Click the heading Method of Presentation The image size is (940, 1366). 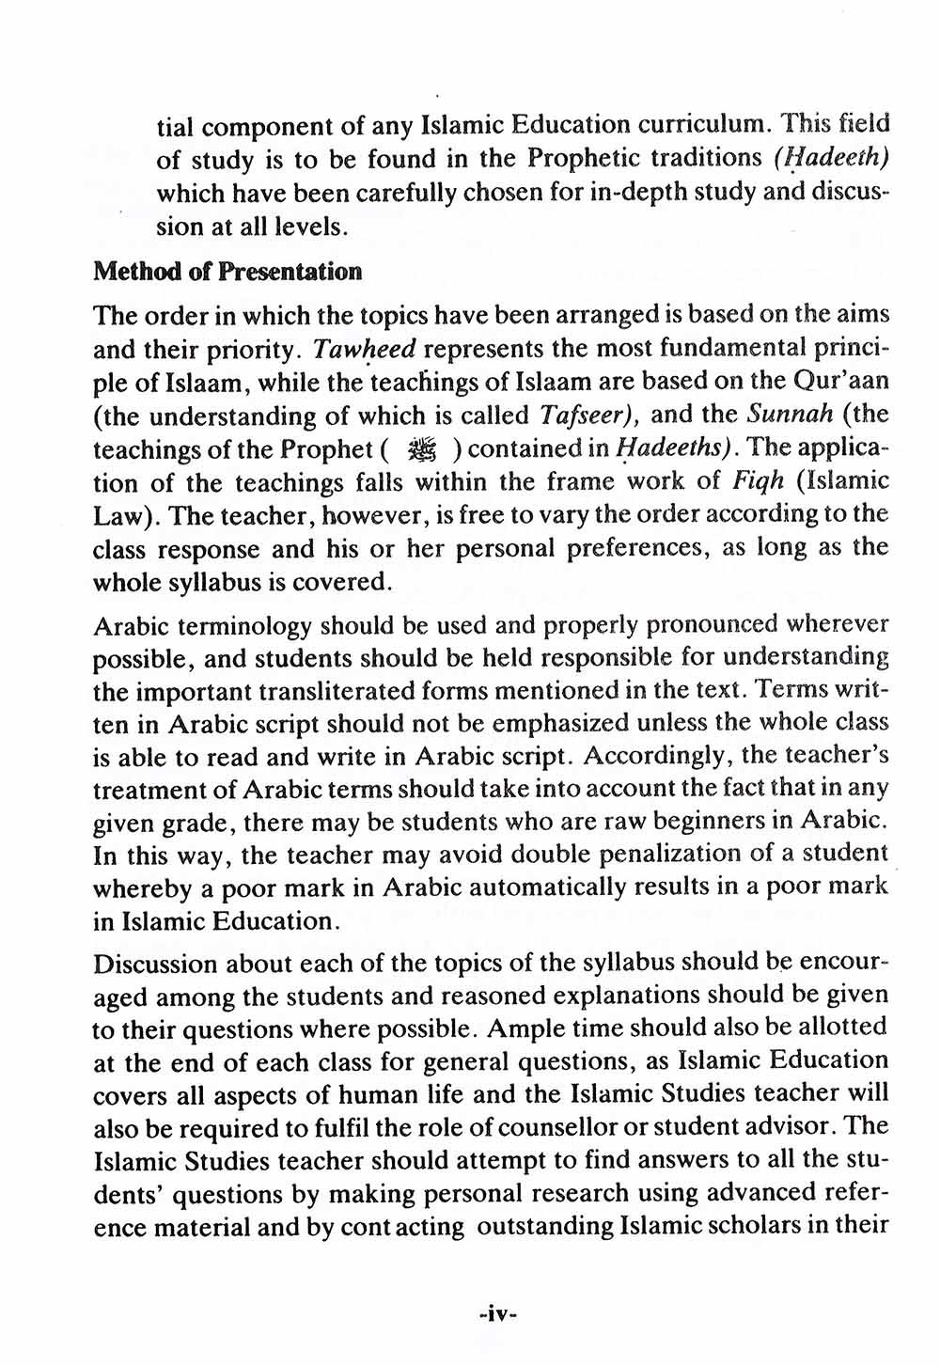(227, 273)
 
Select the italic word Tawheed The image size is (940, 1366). (364, 350)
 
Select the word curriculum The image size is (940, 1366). (700, 125)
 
